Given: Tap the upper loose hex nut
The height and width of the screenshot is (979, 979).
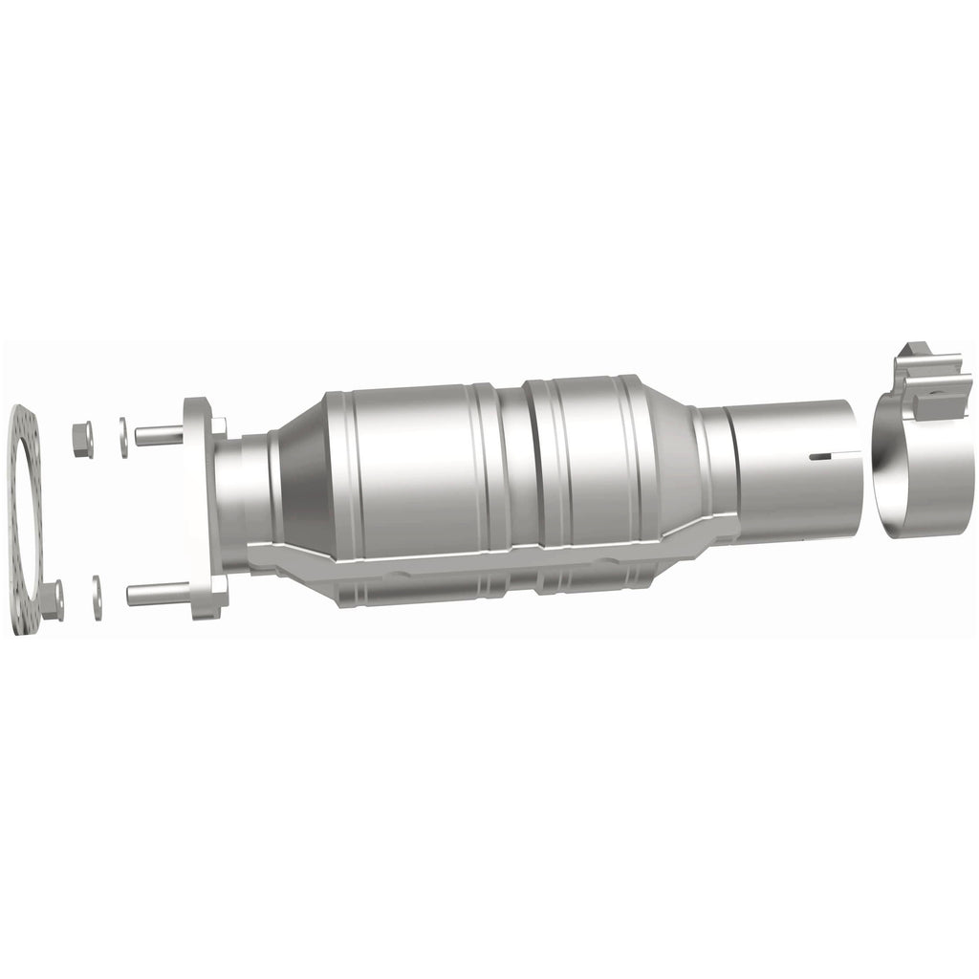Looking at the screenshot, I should pos(82,440).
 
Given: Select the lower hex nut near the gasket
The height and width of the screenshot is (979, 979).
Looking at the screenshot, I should pos(53,599).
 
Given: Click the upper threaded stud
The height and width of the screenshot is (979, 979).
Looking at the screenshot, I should pos(158,436).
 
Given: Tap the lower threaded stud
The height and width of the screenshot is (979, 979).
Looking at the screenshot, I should pos(153,595).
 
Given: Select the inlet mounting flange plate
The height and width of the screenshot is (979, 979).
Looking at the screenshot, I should pos(203,507).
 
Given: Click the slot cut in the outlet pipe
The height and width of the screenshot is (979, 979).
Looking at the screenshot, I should pos(819,457).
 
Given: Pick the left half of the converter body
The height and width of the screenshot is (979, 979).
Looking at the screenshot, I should pos(411,468).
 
